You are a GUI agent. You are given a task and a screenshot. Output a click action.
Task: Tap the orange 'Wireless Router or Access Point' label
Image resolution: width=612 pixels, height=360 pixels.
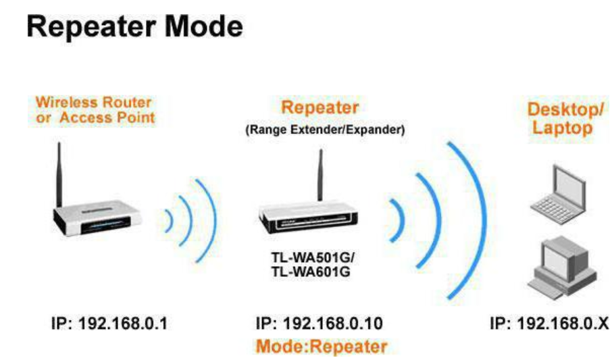pos(95,110)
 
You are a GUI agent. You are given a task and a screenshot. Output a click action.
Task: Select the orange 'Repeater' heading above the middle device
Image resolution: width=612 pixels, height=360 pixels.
pos(320,107)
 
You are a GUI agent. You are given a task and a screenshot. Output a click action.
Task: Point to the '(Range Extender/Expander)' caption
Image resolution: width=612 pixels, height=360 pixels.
pos(324,130)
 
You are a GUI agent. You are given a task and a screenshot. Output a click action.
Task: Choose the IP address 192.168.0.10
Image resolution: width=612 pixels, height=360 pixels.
pos(320,324)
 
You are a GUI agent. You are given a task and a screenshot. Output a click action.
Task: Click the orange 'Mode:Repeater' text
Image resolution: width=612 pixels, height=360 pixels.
pos(322,346)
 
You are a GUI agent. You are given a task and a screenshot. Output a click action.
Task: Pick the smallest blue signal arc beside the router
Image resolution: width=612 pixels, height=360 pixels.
pos(169,220)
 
